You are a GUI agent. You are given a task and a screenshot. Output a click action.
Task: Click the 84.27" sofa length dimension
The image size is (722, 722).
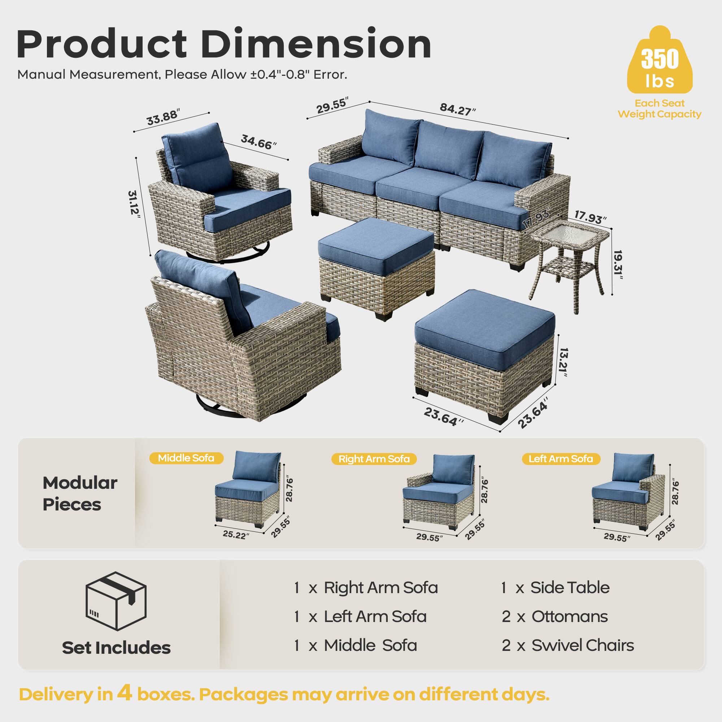pos(457,109)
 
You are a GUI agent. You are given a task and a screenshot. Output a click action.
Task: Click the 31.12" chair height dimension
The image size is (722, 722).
pos(134,206)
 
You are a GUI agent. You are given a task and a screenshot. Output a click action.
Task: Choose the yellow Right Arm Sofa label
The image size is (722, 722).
pos(374,459)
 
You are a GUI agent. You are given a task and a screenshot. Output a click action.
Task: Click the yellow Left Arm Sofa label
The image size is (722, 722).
pos(561,458)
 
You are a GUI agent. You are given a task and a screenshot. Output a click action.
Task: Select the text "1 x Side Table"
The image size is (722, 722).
pos(555,588)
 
